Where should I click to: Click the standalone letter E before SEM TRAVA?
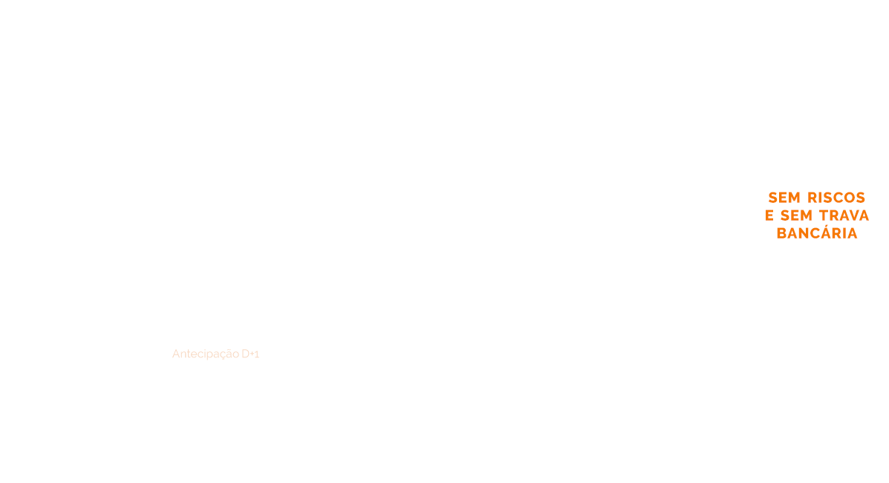(769, 215)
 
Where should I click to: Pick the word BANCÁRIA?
(817, 233)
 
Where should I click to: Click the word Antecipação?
(206, 354)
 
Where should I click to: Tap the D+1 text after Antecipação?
(250, 354)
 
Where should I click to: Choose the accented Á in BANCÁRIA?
(825, 233)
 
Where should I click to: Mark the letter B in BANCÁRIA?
(781, 233)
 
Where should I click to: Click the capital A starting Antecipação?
(176, 354)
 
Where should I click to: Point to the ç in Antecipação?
(221, 355)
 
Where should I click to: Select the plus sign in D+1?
(251, 354)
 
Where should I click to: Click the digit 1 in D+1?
(256, 354)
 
